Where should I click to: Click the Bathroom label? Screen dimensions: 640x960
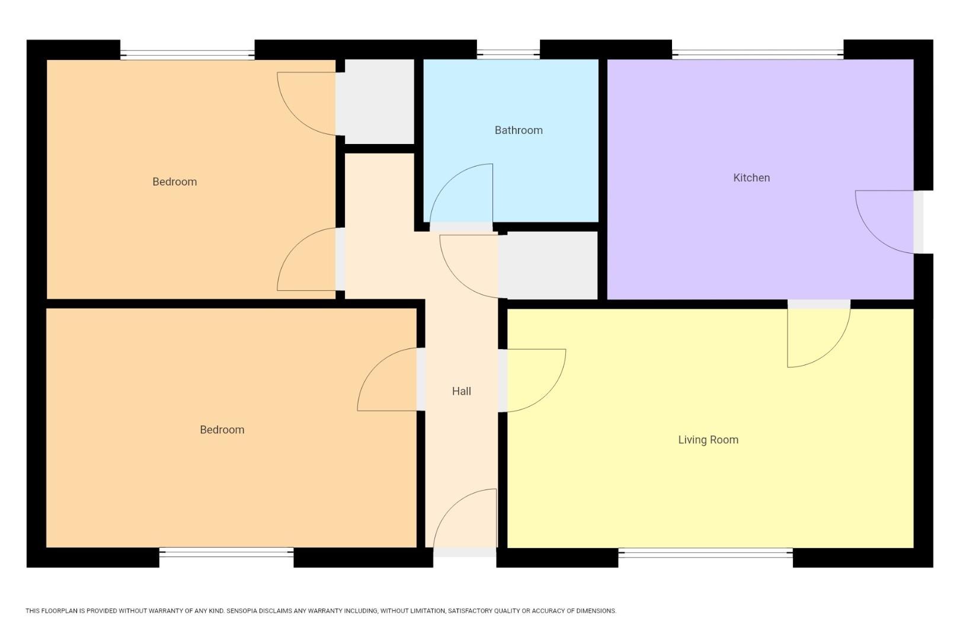[519, 130]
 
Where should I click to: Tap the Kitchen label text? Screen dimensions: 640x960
[751, 178]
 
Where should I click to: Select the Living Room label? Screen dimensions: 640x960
[708, 440]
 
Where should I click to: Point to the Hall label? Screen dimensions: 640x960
[461, 391]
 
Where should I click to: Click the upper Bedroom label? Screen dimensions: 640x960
[174, 182]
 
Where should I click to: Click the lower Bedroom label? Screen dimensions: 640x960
[222, 430]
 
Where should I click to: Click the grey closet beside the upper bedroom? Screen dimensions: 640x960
[375, 101]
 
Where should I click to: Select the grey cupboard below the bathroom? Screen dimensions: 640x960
[548, 265]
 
